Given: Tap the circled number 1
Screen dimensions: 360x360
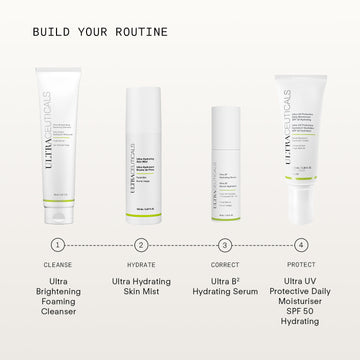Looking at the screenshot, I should pyautogui.click(x=58, y=244).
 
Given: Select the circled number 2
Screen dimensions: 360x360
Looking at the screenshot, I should pyautogui.click(x=141, y=244).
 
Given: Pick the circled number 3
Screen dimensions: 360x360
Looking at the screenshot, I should pyautogui.click(x=225, y=244).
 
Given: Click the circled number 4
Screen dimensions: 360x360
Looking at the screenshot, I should pyautogui.click(x=301, y=244).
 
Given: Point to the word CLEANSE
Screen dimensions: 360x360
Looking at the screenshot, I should pyautogui.click(x=58, y=265).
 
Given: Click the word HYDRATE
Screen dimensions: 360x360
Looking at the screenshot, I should pyautogui.click(x=141, y=265).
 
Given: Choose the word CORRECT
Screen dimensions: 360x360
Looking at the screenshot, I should pyautogui.click(x=225, y=265).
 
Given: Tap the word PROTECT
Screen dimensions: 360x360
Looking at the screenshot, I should pyautogui.click(x=301, y=265).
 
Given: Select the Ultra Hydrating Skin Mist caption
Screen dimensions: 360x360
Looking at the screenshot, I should pyautogui.click(x=141, y=289).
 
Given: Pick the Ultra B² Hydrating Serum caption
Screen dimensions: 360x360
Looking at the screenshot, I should pyautogui.click(x=225, y=289).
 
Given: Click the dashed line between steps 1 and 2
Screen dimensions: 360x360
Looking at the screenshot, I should pyautogui.click(x=100, y=244).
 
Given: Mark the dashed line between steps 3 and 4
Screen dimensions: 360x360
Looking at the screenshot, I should pyautogui.click(x=263, y=244).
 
